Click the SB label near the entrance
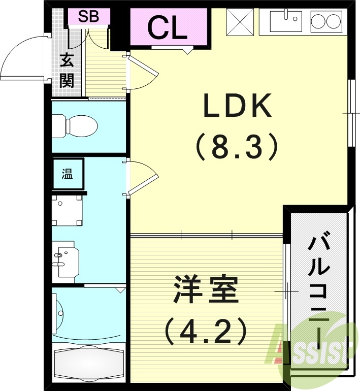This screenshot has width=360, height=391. tap(88, 17)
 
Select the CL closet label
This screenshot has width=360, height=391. tap(168, 28)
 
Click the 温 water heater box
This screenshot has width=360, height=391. tap(68, 175)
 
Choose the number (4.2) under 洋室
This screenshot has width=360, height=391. tap(205, 330)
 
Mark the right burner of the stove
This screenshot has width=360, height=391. tap(333, 21)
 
